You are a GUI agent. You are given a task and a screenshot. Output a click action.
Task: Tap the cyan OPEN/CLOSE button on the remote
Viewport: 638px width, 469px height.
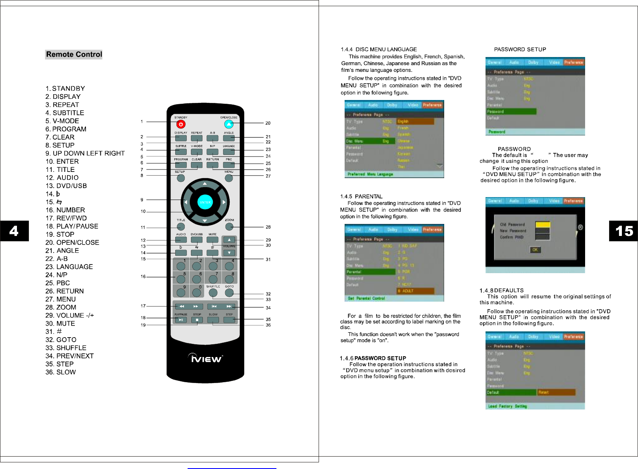coord(229,124)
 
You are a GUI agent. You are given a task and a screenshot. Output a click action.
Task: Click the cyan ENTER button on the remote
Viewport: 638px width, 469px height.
coord(205,202)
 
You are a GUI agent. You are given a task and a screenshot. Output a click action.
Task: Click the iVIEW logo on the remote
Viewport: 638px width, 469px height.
coord(205,358)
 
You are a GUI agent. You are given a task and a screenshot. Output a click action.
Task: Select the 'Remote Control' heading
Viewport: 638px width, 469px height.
coord(74,55)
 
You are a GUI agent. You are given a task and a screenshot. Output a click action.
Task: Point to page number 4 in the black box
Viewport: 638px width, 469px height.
coord(14,231)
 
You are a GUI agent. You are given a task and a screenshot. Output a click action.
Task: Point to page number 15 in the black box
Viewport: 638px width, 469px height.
coord(624,231)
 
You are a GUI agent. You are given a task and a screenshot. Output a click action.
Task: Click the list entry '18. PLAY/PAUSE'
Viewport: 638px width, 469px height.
coord(72,226)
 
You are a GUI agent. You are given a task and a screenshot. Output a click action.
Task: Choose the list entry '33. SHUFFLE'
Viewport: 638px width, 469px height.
coord(66,348)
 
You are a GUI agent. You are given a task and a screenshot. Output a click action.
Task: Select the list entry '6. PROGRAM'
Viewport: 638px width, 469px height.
coord(66,129)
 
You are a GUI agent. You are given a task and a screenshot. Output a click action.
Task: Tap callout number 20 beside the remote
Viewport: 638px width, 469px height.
coord(268,123)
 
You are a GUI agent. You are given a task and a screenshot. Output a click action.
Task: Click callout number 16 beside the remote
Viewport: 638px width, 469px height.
coord(143,277)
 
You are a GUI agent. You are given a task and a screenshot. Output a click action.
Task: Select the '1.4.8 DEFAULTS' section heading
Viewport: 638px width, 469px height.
coord(502,290)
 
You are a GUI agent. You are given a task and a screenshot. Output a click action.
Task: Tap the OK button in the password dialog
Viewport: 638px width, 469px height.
coord(535,250)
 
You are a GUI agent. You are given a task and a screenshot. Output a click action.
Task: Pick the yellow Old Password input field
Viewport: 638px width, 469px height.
coord(543,224)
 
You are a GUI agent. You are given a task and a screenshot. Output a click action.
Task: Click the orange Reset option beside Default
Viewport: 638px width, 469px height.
coord(556,392)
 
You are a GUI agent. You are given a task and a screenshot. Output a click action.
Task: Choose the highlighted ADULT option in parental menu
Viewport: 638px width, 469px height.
coord(415,291)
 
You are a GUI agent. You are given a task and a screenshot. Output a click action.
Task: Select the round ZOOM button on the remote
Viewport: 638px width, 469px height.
coord(229,227)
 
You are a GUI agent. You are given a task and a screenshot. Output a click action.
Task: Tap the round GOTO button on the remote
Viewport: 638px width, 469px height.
coord(229,293)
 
